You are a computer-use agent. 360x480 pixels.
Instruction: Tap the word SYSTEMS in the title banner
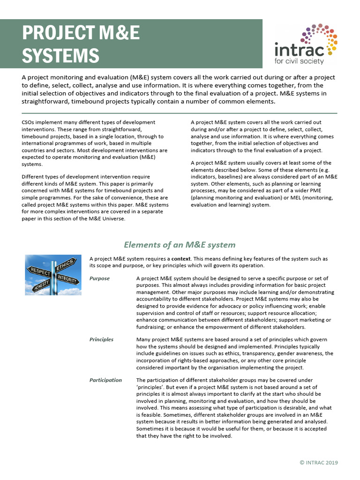click(x=60, y=55)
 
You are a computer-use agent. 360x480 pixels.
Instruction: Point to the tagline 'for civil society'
click(x=300, y=61)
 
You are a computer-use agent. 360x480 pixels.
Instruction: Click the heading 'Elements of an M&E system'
click(x=180, y=245)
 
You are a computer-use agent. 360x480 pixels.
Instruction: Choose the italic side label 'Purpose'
click(x=99, y=278)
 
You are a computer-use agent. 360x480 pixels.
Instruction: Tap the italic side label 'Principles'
click(x=101, y=339)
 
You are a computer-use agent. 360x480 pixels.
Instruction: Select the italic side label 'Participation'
click(x=105, y=380)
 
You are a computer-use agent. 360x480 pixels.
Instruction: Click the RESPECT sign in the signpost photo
click(x=40, y=271)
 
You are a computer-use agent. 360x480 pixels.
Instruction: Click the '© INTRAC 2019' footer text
click(x=318, y=463)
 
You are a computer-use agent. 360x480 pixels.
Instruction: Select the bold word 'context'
click(x=181, y=259)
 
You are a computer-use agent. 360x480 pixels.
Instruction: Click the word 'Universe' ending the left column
click(x=112, y=218)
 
